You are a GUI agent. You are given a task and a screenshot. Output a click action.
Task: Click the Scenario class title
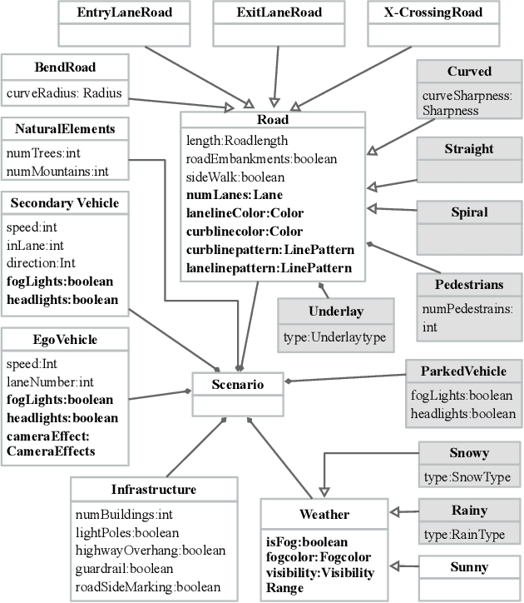tap(237, 385)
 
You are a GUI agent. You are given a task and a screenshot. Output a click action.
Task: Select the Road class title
tap(273, 120)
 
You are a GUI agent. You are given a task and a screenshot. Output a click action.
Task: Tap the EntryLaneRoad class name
tap(119, 13)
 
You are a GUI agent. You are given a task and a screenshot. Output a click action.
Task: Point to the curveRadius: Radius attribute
tap(64, 92)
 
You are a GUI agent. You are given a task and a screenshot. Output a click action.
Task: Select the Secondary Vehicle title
tap(65, 202)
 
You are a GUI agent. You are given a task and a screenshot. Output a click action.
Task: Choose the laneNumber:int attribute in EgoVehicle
tap(51, 382)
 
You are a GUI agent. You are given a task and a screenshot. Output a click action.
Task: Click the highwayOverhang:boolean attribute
tap(151, 551)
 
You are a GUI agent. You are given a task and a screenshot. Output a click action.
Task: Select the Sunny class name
tap(469, 567)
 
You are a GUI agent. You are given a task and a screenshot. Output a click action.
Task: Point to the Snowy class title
tap(469, 453)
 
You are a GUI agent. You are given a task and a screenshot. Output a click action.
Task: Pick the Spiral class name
tap(469, 212)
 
